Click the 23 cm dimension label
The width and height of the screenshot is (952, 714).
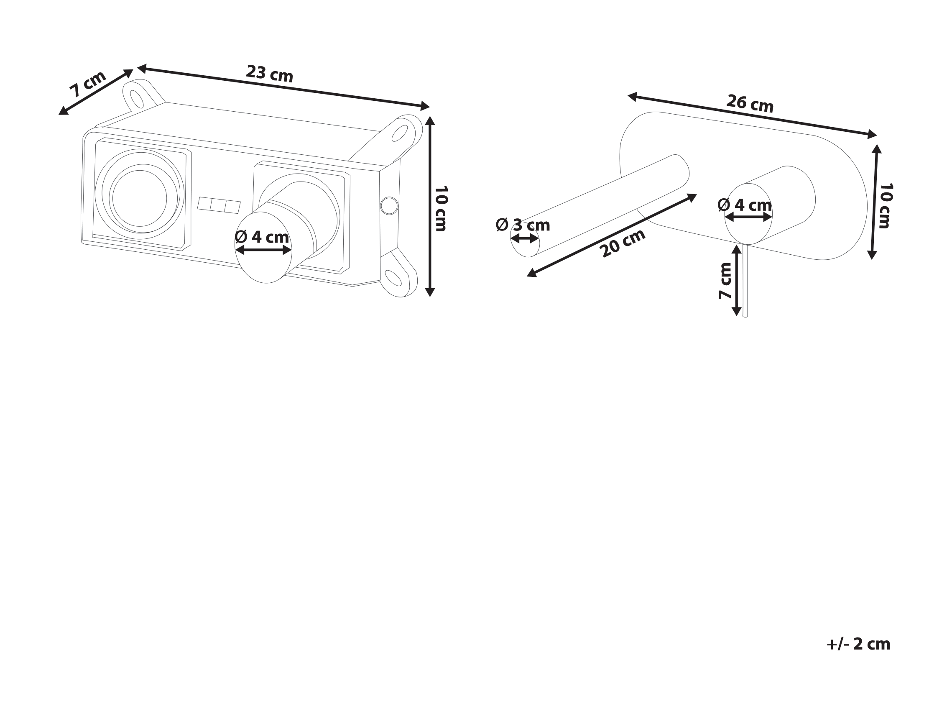point(269,74)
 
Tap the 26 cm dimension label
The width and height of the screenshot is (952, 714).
point(750,104)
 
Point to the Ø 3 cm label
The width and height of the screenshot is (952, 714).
point(523,225)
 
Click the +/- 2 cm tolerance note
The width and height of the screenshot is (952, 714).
point(858,643)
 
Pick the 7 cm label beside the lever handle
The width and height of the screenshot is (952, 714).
point(725,281)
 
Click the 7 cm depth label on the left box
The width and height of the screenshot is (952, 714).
point(88,84)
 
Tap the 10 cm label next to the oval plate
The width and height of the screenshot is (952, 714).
point(886,206)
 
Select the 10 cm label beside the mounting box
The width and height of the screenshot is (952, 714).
point(441,208)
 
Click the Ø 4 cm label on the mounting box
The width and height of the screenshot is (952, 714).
point(262,237)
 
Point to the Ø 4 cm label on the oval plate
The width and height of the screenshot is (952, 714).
point(745,205)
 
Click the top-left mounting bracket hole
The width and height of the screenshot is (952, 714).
point(137,99)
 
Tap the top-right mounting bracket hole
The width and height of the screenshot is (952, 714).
point(399,133)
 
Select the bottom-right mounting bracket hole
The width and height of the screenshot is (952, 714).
point(393,278)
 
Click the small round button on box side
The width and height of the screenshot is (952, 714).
point(389,206)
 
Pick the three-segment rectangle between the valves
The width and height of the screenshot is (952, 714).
point(219,205)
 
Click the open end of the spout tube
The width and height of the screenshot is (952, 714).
point(525,239)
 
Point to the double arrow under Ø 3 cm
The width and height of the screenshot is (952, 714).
point(525,238)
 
